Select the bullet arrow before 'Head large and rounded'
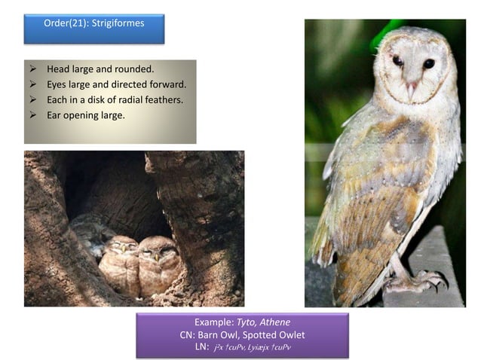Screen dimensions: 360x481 (33, 69)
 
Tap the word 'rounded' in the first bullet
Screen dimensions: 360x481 (134, 69)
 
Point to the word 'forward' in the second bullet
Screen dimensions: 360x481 (167, 84)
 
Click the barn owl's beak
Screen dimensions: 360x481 (410, 88)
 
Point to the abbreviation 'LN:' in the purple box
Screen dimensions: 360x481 (201, 346)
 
